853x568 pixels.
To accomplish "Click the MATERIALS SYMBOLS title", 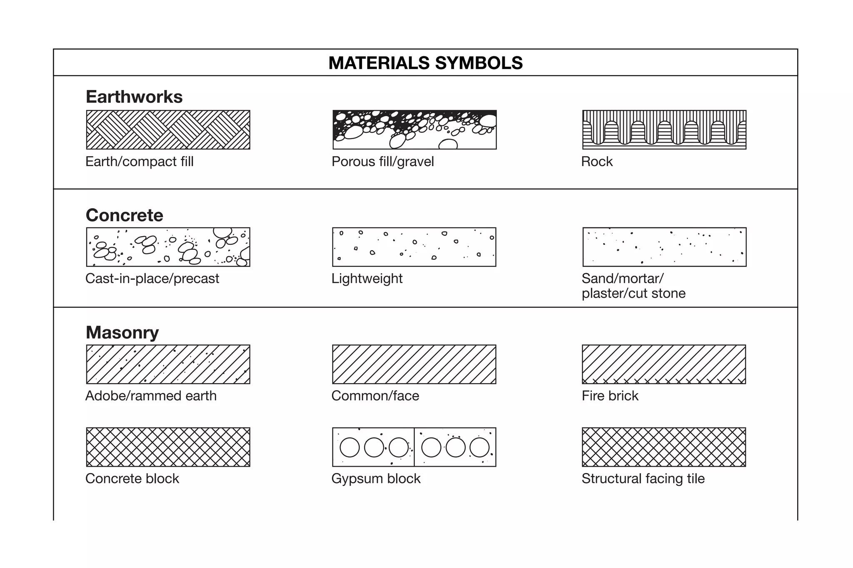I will [425, 63].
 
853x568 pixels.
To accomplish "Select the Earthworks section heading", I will [134, 97].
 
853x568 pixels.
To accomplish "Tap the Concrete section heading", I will [125, 215].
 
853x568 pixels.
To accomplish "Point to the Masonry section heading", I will [122, 332].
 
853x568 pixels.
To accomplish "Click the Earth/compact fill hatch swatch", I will [168, 130].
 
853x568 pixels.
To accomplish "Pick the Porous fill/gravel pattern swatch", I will [414, 130].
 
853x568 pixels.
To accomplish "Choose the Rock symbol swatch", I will [664, 130].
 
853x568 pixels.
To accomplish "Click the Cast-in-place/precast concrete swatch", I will [168, 247].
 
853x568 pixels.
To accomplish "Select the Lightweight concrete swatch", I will [414, 247].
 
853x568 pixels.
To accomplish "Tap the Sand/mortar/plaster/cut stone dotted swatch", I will [664, 247].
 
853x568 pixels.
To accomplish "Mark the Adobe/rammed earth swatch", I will [168, 364].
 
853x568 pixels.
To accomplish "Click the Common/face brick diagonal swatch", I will [414, 364].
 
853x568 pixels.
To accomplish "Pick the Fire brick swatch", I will [663, 364].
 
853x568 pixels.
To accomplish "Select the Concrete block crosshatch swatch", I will [168, 447].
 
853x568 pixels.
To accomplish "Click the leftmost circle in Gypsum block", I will [349, 448].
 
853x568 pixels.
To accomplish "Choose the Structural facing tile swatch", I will [663, 447].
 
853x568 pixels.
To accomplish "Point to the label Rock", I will [597, 162].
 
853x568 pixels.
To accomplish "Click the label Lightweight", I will [367, 279].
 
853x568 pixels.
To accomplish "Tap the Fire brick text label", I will [610, 396].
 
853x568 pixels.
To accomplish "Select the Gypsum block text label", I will [376, 478].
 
